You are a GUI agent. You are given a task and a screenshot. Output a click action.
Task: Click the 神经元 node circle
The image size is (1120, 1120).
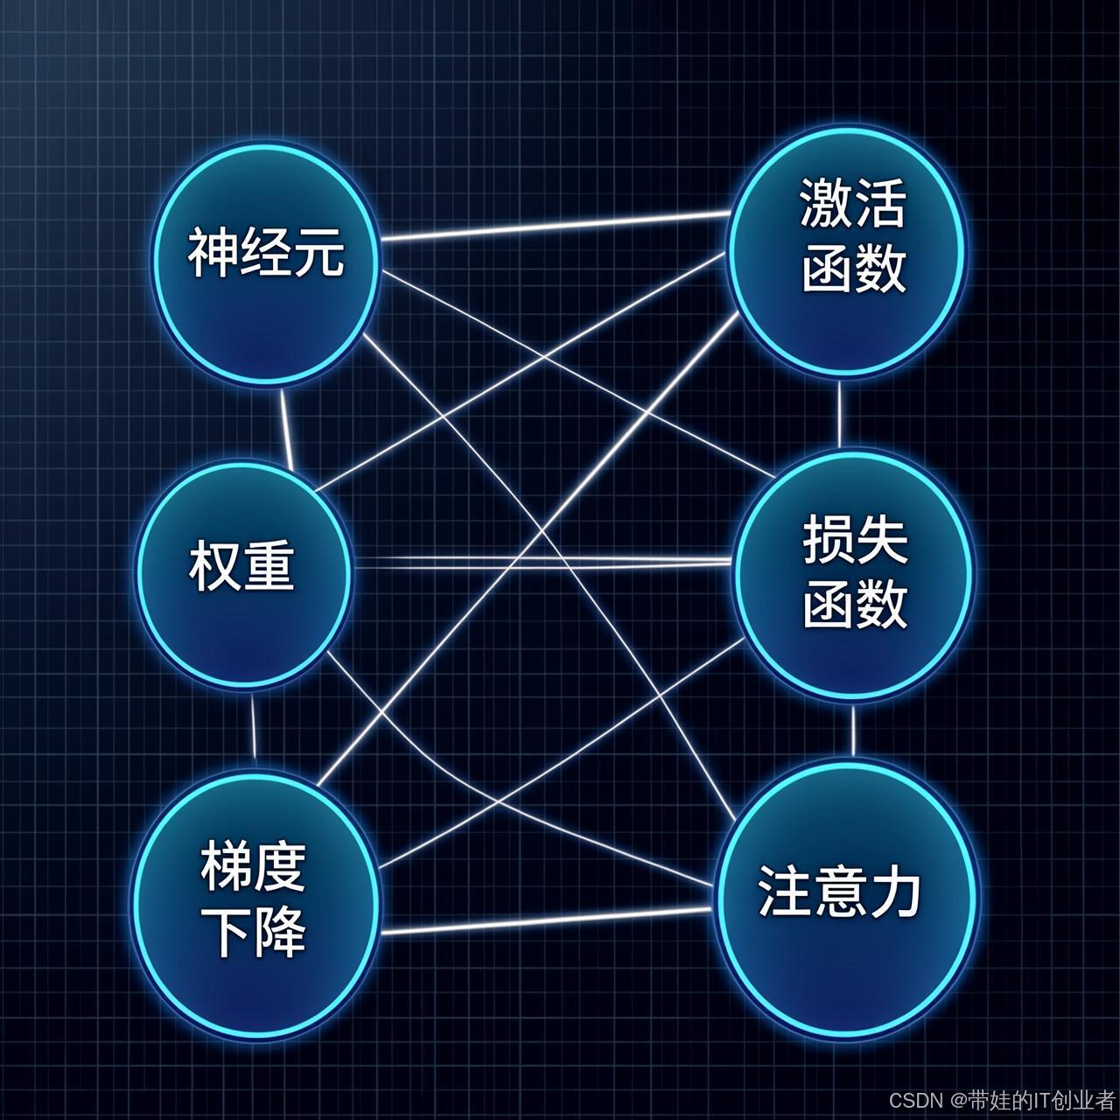(x=265, y=262)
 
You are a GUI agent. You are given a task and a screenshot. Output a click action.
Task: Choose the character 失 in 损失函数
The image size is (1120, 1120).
(x=880, y=542)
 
